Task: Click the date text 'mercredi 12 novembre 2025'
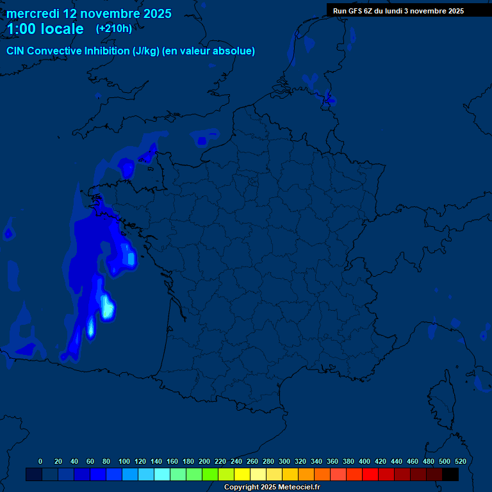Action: [x=89, y=13]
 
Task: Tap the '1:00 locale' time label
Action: [x=45, y=29]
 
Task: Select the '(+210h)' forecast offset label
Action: [x=113, y=29]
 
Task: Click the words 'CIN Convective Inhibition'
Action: [x=68, y=51]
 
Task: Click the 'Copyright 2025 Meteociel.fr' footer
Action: [x=272, y=488]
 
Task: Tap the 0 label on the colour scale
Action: [x=40, y=461]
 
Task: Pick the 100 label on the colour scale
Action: [x=124, y=461]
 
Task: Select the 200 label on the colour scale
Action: [x=204, y=461]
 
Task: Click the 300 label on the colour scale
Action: [x=284, y=461]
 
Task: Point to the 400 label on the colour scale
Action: [x=365, y=461]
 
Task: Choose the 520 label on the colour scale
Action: [x=460, y=461]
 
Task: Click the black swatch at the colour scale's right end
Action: [x=450, y=474]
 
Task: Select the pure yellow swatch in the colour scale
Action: [x=242, y=474]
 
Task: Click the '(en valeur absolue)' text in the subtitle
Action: [x=209, y=51]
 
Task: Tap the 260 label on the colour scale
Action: [x=252, y=461]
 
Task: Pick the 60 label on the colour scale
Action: [x=90, y=461]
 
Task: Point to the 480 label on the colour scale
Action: [x=429, y=461]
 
